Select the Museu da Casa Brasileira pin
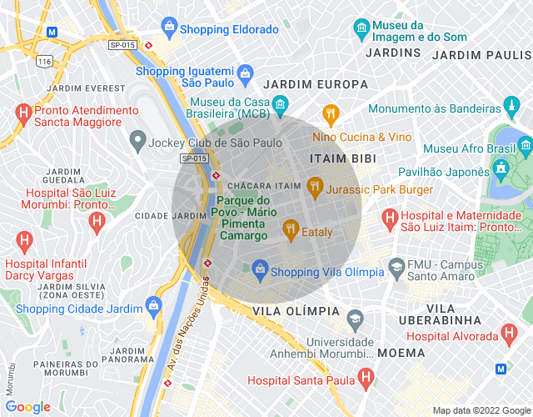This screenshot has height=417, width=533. [281, 104]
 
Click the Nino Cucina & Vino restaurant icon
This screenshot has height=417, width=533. [331, 113]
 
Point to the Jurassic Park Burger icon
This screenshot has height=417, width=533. [314, 186]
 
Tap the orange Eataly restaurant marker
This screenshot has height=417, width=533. [291, 227]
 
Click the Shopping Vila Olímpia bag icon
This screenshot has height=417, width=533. [260, 269]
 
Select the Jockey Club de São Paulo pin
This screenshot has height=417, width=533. [137, 141]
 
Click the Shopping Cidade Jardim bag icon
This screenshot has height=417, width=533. [152, 305]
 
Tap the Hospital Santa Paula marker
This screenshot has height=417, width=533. [365, 379]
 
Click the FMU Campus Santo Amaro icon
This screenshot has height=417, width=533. [397, 270]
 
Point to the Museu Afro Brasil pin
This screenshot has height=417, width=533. [525, 148]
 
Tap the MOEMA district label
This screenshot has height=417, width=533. [401, 353]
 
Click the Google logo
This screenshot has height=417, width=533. [27, 406]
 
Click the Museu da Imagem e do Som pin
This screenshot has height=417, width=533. [361, 28]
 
